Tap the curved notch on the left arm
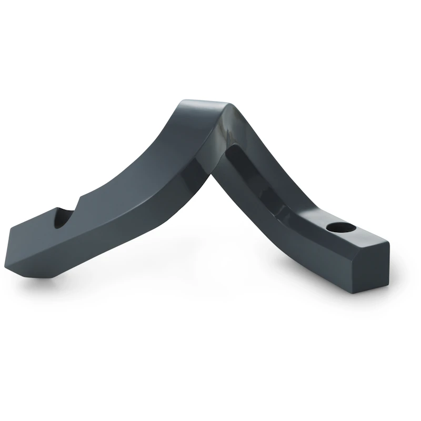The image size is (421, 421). click(x=69, y=216)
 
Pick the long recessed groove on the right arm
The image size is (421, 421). click(x=263, y=179)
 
